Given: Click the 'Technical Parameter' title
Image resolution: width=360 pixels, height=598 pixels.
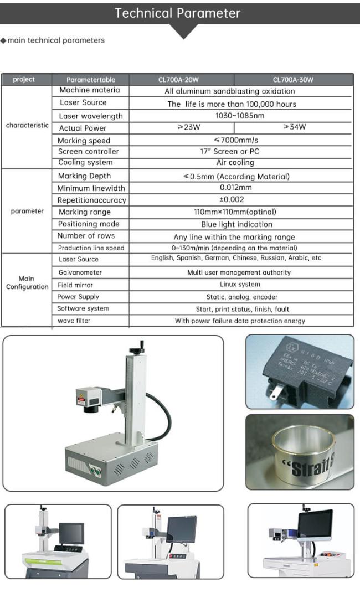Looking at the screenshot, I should tap(178, 13).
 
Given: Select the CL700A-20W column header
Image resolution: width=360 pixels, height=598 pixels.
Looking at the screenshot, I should tap(181, 80).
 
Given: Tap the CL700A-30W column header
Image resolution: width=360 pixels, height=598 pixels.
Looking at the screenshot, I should tap(293, 80).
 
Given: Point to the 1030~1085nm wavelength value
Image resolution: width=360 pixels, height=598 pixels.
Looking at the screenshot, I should tap(239, 116).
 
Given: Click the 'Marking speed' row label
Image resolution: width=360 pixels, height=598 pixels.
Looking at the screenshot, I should tap(84, 141).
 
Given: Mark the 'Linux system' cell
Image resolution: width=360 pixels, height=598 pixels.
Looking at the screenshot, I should tap(240, 284).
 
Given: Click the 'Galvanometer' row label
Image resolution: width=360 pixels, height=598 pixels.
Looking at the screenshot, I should tap(80, 272).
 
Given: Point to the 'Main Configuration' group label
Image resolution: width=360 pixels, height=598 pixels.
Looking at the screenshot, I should tap(27, 283).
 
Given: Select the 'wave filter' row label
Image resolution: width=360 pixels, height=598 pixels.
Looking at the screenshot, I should tap(74, 321).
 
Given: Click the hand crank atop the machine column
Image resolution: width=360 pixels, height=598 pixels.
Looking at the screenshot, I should tap(137, 349).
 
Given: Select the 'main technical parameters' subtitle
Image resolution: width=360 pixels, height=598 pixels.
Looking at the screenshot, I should tap(55, 40).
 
